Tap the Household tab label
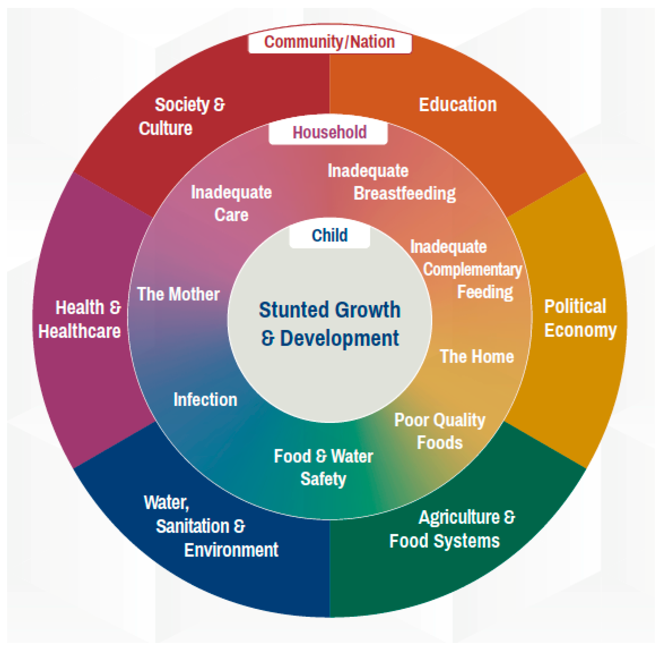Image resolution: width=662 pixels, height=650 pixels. coord(329,132)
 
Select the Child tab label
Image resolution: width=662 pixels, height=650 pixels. coord(329,236)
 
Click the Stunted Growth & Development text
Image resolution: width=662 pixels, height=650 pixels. coord(329,324)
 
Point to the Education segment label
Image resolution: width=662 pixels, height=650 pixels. coord(457,105)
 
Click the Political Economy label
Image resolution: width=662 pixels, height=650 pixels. coord(580,318)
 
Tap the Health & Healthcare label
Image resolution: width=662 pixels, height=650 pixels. coord(80,319)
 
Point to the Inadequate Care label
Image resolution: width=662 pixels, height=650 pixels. coord(231,204)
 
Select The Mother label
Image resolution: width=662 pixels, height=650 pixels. coord(178,294)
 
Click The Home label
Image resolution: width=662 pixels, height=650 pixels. coord(477,357)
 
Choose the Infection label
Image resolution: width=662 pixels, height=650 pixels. coord(205,400)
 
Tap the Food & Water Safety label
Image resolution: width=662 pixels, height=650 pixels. coord(323,468)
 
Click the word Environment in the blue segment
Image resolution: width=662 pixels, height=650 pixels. coord(231,550)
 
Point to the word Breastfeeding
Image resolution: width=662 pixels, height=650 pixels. coord(405,194)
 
